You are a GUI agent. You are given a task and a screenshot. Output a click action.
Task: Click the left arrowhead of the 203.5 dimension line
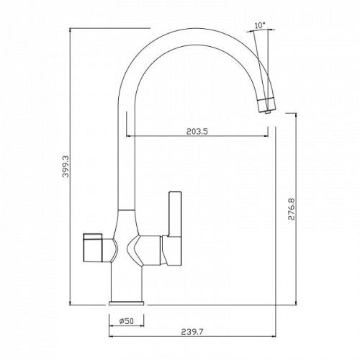[130, 136]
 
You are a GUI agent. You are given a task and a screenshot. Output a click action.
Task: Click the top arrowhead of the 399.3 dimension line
[72, 30]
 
